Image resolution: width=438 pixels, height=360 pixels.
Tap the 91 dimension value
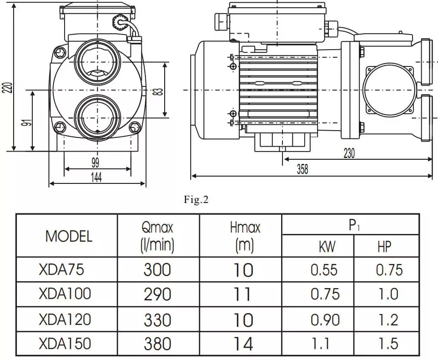click(x=27, y=123)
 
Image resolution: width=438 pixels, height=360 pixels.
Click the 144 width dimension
click(x=96, y=177)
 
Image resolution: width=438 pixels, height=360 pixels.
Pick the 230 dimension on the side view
click(x=349, y=153)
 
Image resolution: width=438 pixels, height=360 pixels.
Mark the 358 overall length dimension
click(x=302, y=169)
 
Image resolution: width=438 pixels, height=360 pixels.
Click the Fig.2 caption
click(x=196, y=199)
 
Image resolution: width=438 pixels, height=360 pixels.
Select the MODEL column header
click(x=69, y=237)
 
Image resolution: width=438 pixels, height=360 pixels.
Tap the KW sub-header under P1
click(x=327, y=247)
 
